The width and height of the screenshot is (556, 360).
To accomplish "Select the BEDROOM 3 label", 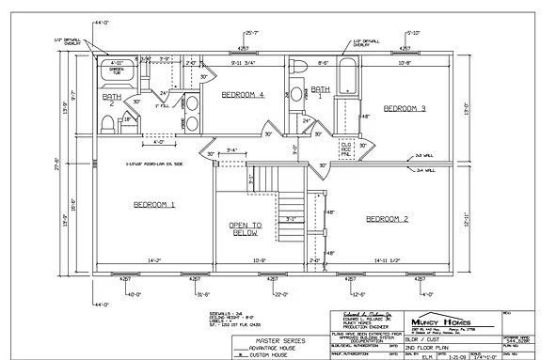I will pos(405,109).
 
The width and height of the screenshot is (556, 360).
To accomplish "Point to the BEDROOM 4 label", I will pos(242,96).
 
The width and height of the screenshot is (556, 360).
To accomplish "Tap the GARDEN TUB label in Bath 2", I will pos(117,71).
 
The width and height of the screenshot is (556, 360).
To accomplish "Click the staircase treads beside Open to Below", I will pos(291,202).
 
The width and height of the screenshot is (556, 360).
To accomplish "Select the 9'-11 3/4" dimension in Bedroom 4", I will pos(244,63).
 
